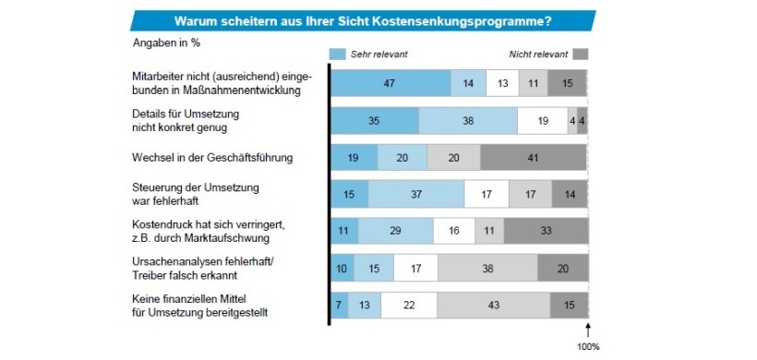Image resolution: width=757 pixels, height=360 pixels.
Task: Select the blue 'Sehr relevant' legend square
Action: pyautogui.click(x=338, y=54)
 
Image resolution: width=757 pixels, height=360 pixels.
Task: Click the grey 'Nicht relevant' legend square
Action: pyautogui.click(x=580, y=54)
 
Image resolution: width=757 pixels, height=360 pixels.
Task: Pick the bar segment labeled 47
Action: pyautogui.click(x=391, y=84)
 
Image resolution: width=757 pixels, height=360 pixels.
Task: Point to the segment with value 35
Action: pyautogui.click(x=375, y=121)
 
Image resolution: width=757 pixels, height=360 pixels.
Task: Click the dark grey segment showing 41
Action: pyautogui.click(x=533, y=157)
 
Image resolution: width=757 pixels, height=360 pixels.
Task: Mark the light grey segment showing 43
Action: pyautogui.click(x=494, y=305)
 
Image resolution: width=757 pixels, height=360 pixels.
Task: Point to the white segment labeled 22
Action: pyautogui.click(x=410, y=305)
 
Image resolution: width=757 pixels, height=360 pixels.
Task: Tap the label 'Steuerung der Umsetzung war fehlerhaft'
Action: pyautogui.click(x=196, y=194)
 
